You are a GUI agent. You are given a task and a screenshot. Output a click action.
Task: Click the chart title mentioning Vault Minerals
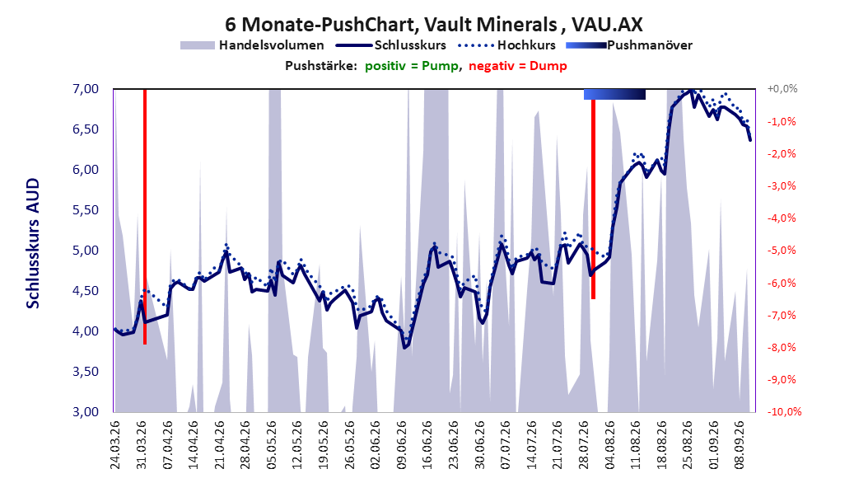pos(433,25)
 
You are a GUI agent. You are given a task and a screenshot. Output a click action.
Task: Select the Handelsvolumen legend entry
pos(252,45)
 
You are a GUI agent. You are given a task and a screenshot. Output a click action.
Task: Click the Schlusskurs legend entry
pos(391,45)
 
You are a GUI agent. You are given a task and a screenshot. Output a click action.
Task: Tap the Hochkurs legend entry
pos(506,45)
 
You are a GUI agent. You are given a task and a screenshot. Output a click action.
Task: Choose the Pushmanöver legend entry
pos(629,45)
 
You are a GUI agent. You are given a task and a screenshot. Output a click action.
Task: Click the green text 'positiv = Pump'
pos(411,66)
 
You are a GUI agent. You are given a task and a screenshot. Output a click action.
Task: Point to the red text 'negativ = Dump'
pos(518,66)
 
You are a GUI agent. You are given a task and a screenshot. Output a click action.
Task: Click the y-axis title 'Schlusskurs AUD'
pos(33,243)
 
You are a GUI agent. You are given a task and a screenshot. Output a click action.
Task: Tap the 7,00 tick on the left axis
pos(86,89)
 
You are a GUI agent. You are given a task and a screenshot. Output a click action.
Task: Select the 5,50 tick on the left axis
pos(86,210)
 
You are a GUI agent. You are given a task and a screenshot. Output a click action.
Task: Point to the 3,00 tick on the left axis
pos(86,411)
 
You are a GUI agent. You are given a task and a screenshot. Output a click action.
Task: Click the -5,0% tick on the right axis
pos(782,251)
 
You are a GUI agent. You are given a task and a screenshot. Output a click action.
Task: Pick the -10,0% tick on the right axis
pos(784,411)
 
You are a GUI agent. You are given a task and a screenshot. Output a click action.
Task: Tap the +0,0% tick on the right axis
pos(782,89)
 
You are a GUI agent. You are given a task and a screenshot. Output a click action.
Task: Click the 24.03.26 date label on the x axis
pos(115,445)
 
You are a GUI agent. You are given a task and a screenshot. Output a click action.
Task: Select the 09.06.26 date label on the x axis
pos(402,445)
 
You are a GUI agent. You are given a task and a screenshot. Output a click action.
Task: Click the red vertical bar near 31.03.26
pos(145,217)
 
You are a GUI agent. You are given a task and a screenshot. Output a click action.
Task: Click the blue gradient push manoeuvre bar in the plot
pos(614,95)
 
